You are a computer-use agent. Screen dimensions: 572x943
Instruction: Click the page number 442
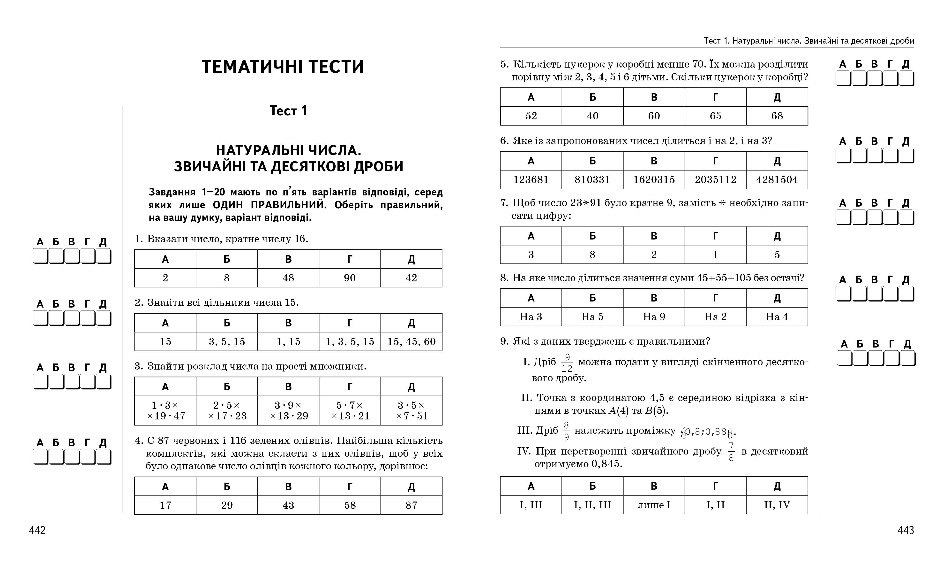click(x=37, y=530)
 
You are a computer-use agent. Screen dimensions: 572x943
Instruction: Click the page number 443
click(x=906, y=530)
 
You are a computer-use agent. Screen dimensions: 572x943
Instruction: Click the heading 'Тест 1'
click(x=288, y=111)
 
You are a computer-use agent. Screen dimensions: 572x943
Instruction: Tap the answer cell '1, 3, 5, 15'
click(x=350, y=341)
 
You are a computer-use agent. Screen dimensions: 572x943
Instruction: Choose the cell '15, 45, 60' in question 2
click(x=412, y=341)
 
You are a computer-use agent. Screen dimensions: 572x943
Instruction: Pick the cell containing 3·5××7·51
click(x=412, y=410)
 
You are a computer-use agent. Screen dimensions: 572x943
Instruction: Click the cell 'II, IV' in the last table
click(x=777, y=505)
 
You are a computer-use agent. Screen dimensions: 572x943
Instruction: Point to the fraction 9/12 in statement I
click(x=567, y=363)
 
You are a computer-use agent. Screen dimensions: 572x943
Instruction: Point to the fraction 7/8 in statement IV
click(x=731, y=452)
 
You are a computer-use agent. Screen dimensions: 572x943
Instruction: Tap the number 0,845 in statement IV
click(x=606, y=464)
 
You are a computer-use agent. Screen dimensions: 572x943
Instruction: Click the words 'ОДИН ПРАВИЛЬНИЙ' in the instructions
click(x=269, y=205)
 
